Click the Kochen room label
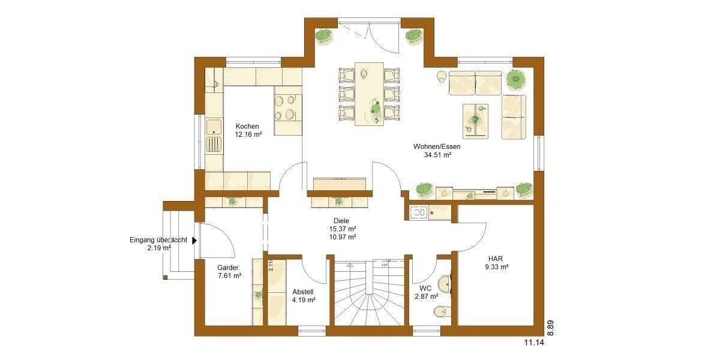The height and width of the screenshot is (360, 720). pos(247,127)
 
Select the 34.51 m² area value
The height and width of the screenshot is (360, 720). pos(437,155)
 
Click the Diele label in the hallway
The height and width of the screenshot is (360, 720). pos(342,221)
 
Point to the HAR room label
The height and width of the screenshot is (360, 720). pos(495,258)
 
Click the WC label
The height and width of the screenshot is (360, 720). pos(425,288)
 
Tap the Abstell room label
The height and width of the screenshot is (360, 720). pos(303,291)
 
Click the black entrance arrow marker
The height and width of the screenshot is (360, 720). pos(193,240)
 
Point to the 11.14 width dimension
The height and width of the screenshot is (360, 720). pos(533,343)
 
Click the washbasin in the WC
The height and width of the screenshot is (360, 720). pos(444,283)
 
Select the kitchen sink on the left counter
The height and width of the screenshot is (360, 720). pos(213,127)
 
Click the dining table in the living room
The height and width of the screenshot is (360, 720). pos(369,93)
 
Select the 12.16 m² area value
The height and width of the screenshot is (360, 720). pos(247,135)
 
